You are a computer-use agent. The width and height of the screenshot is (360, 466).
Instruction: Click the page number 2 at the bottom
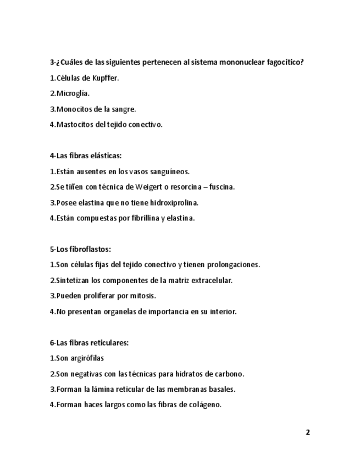(308, 432)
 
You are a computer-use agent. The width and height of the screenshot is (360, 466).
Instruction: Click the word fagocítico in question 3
(286, 62)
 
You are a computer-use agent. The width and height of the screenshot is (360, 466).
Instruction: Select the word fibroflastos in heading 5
(90, 249)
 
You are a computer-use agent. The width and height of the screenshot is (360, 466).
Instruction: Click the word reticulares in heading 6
(109, 342)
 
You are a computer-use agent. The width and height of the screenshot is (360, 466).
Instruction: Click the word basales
(222, 389)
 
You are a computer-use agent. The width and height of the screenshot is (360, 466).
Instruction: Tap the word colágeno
(204, 405)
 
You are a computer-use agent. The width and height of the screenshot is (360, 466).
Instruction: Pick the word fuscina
(222, 187)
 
